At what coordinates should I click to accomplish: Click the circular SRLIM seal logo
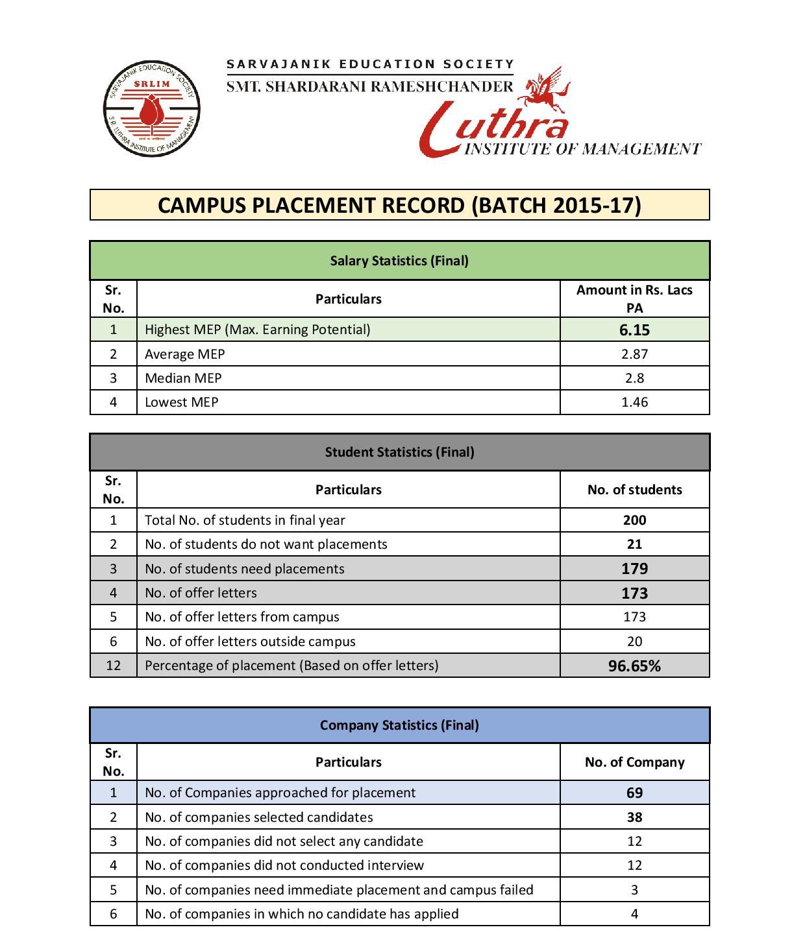tap(151, 109)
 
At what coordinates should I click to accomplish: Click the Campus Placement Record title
tap(399, 205)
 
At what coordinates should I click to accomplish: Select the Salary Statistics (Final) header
tap(399, 261)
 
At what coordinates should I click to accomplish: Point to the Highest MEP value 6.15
tap(634, 330)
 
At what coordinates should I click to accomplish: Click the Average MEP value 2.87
tap(634, 354)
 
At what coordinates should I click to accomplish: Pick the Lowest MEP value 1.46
tap(634, 402)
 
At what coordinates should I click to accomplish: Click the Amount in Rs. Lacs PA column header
tap(634, 299)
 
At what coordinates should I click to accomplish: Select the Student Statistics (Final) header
tap(399, 452)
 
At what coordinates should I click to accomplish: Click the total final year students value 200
tap(634, 520)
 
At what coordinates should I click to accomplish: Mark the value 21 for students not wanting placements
tap(634, 544)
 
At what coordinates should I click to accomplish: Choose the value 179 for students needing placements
tap(634, 569)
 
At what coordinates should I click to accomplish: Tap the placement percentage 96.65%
tap(634, 666)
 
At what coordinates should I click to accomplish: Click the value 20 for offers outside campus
tap(634, 641)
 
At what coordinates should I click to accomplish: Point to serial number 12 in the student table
tap(114, 665)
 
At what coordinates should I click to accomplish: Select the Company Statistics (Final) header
tap(399, 725)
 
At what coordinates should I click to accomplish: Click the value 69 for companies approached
tap(634, 793)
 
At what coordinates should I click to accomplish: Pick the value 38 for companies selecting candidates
tap(634, 817)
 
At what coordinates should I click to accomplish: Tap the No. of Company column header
tap(634, 762)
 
